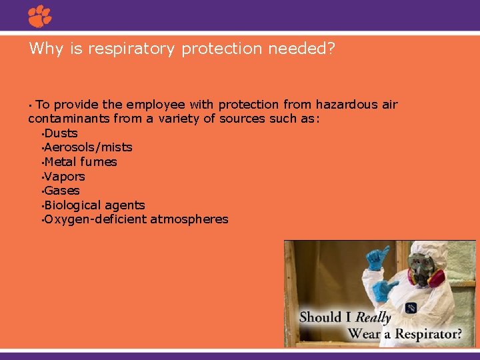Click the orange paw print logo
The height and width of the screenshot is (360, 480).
(x=39, y=15)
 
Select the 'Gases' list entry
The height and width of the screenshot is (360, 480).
(x=62, y=191)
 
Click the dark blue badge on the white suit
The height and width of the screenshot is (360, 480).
(x=411, y=307)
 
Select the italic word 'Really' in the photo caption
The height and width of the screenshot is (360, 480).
(x=373, y=317)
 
